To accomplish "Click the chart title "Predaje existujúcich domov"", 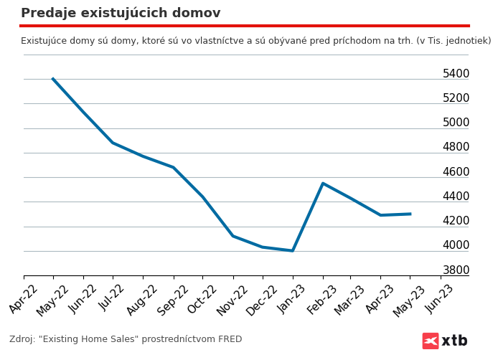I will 121,13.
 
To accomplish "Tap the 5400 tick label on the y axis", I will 456,74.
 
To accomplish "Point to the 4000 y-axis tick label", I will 456,245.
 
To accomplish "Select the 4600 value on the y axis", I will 456,172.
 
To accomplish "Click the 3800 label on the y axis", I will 456,270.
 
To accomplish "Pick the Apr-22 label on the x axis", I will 24,298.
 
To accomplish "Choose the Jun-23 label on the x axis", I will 440,298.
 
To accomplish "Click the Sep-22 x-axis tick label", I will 173,298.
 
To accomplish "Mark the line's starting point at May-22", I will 53,79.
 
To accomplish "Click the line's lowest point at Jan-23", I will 293,250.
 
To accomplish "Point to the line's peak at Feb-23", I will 323,184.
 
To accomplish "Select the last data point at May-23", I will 410,214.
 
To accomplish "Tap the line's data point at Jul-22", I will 113,143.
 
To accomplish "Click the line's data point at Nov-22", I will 232,236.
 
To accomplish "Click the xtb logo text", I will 454,341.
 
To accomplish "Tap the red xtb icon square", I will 431,341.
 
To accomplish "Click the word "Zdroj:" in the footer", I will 23,339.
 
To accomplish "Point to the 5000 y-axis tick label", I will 456,123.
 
